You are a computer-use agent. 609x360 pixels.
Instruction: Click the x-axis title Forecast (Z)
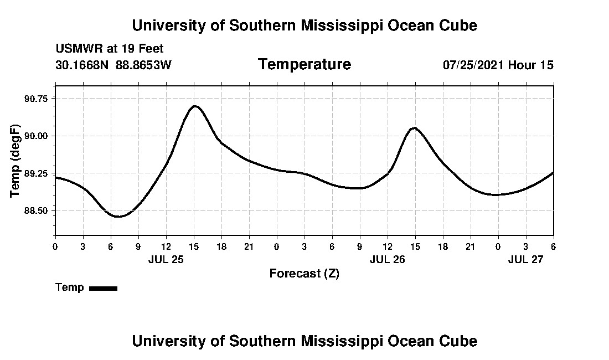(304, 274)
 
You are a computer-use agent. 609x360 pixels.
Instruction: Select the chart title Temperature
(304, 64)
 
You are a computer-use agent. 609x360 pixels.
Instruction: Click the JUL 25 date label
(166, 259)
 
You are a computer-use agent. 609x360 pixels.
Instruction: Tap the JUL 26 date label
(387, 259)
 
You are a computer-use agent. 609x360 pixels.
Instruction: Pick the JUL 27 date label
(525, 259)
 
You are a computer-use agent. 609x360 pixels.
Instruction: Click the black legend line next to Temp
(103, 288)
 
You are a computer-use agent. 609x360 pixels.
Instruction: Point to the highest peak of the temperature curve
(194, 106)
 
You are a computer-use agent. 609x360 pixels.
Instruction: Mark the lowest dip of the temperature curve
(118, 216)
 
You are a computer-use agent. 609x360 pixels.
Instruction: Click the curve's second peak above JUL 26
(414, 128)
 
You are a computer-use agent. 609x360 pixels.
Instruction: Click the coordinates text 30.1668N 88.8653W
(113, 65)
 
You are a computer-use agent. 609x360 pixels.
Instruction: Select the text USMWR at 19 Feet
(110, 49)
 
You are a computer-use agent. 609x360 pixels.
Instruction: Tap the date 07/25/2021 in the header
(473, 65)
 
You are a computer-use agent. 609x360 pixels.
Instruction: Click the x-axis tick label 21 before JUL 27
(470, 246)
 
